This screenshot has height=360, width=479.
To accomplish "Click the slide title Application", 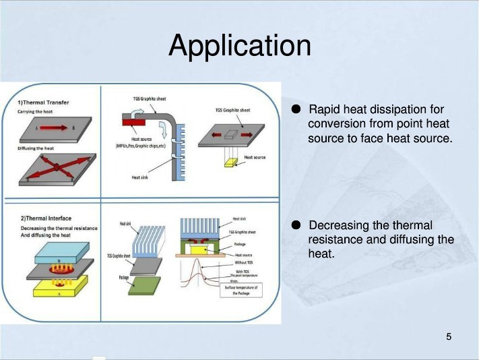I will tap(240, 46).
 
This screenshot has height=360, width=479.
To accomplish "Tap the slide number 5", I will tap(449, 336).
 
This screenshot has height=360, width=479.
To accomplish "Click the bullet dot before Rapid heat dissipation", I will tap(296, 109).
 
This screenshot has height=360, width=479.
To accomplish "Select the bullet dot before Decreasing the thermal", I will tap(296, 225).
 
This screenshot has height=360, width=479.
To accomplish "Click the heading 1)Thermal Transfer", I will tap(43, 102).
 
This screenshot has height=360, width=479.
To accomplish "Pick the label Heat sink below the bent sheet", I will tap(140, 177).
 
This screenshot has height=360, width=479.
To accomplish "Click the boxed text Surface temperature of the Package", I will tap(241, 291).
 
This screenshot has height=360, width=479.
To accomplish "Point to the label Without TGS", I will tap(243, 263).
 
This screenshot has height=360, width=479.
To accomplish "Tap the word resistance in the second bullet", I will tap(336, 239).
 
